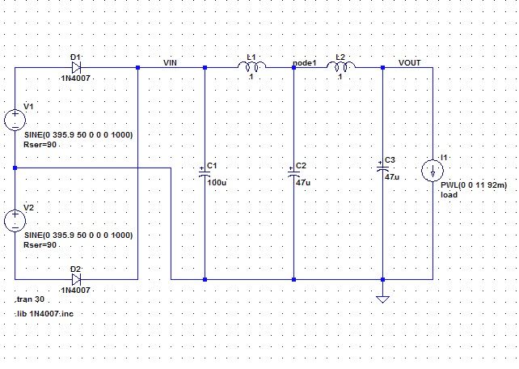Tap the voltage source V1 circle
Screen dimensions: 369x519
[x=15, y=120]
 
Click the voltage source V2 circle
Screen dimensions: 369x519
[x=15, y=220]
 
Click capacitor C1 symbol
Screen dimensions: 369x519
[x=205, y=172]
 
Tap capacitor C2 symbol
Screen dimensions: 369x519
[x=293, y=172]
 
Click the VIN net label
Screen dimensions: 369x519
[x=171, y=62]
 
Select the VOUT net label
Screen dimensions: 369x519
[x=409, y=62]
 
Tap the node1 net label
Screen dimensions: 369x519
[x=304, y=62]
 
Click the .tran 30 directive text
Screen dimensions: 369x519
[x=30, y=299]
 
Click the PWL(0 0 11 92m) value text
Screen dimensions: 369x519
[x=474, y=185]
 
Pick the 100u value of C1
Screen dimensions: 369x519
[x=217, y=183]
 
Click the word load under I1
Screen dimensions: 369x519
[x=449, y=195]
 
